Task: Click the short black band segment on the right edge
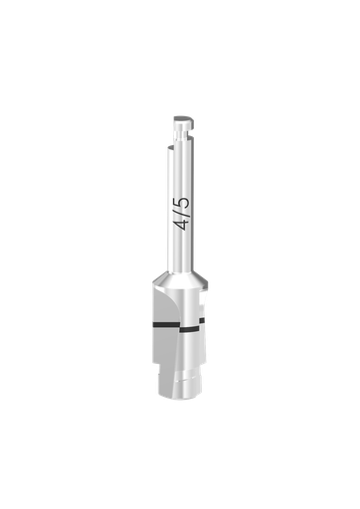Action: pos(203,320)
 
